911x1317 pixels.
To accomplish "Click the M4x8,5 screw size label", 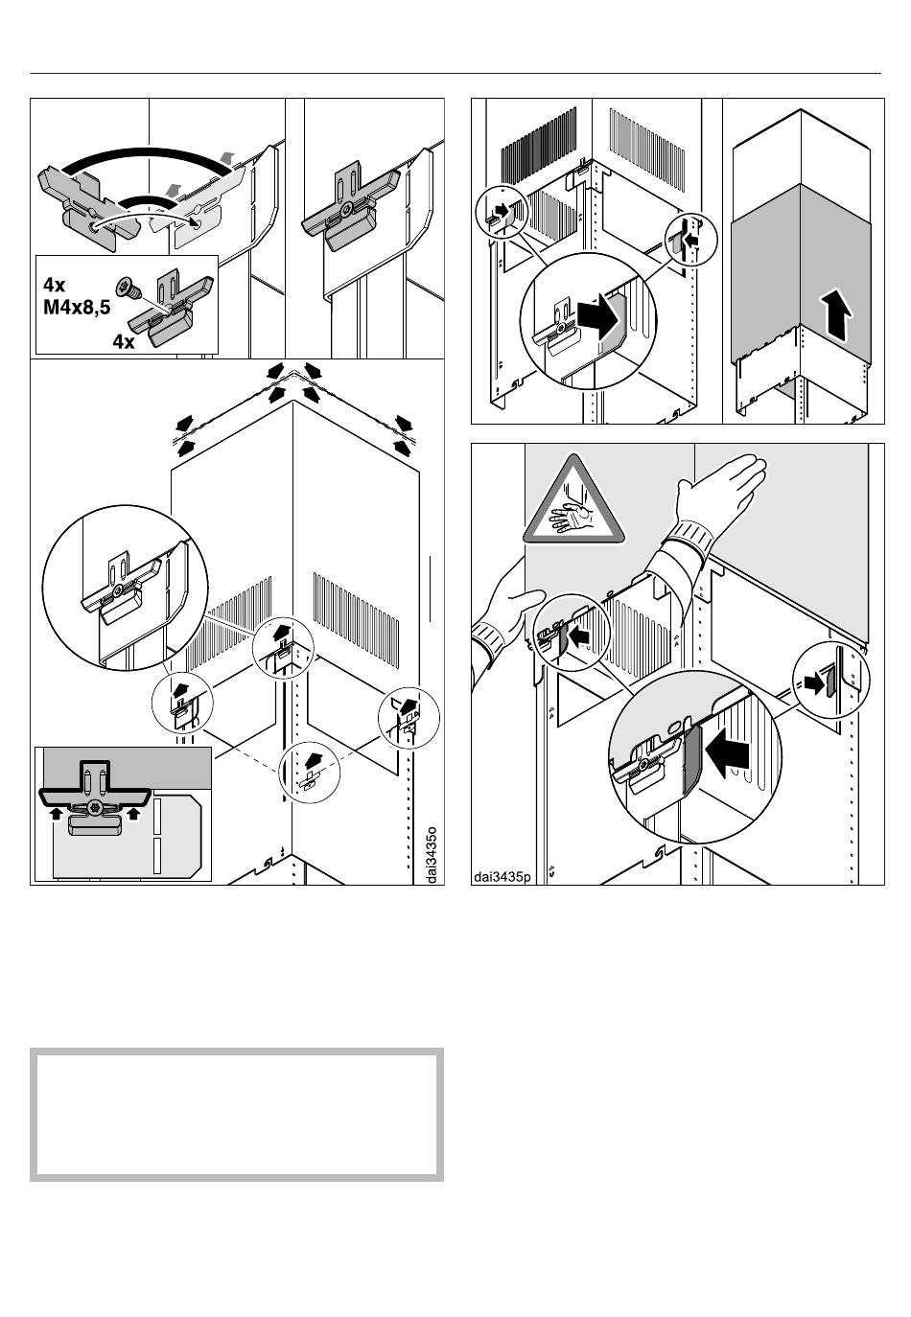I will coord(83,309).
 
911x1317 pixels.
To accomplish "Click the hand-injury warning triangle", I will coord(572,505).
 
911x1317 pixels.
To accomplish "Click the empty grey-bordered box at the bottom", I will coord(237,1115).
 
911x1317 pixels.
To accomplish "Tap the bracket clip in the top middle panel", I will coord(352,213).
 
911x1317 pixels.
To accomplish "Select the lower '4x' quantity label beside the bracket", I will coord(123,341).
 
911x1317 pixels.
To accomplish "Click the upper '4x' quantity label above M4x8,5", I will coord(55,285).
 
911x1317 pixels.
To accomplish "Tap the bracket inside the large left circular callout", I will coord(117,589).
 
